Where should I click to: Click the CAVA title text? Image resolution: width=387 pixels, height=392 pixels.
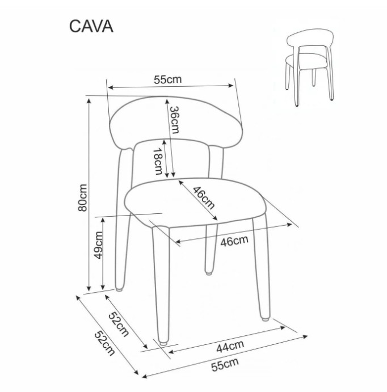(91, 26)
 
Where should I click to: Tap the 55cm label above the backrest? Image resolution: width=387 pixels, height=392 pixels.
(167, 79)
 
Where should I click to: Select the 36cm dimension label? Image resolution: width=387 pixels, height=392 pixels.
(174, 120)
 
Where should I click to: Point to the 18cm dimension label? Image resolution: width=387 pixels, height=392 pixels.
(158, 161)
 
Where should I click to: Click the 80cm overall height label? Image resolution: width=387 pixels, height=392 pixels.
(83, 198)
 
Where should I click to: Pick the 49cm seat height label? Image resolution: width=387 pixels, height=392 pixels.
(98, 245)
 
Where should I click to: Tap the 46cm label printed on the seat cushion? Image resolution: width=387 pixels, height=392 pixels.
(204, 198)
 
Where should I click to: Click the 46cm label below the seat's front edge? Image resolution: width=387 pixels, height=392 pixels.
(234, 241)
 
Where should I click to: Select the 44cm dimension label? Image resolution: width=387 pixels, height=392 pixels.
(230, 346)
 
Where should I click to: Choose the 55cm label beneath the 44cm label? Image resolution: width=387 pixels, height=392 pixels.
(225, 364)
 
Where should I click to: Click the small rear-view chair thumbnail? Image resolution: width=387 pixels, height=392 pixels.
(310, 68)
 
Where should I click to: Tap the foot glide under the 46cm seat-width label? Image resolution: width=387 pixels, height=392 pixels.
(208, 273)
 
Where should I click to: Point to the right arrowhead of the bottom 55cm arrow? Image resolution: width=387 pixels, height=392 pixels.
(305, 337)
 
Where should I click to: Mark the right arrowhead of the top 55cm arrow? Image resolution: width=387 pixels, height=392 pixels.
(231, 86)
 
